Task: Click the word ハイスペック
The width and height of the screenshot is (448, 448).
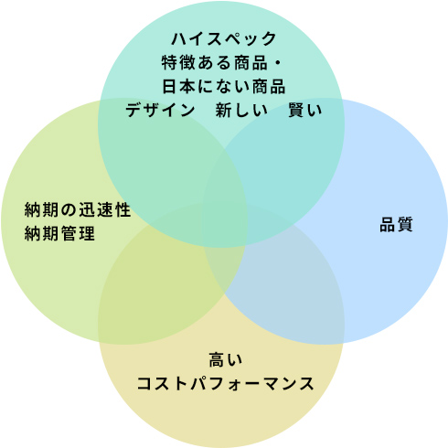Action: pyautogui.click(x=224, y=39)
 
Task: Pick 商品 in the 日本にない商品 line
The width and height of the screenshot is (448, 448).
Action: pyautogui.click(x=269, y=86)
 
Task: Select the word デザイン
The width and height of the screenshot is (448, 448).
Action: pyautogui.click(x=160, y=110)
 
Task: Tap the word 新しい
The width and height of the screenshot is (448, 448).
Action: pyautogui.click(x=241, y=110)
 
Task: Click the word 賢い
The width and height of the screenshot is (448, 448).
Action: pyautogui.click(x=305, y=110)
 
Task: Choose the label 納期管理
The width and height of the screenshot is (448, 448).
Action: pyautogui.click(x=59, y=233)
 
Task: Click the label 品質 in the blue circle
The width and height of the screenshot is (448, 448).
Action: pyautogui.click(x=396, y=224)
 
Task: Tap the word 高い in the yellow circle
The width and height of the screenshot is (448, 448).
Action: pyautogui.click(x=226, y=359)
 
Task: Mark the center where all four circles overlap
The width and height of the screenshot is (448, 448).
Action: pyautogui.click(x=225, y=224)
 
